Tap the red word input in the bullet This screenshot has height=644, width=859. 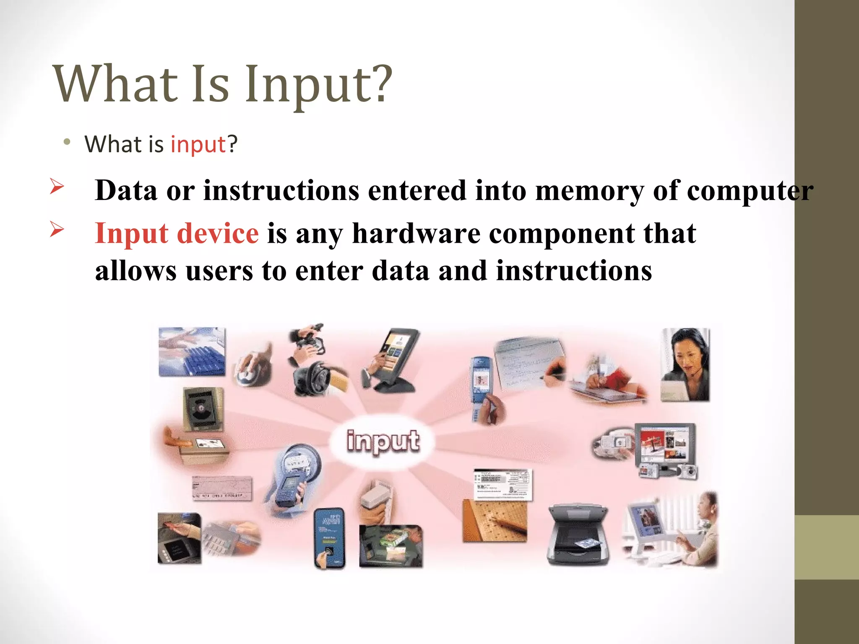198,145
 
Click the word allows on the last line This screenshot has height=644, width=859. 135,271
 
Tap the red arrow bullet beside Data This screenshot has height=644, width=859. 57,186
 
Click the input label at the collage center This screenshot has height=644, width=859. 383,441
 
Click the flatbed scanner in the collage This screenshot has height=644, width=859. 578,535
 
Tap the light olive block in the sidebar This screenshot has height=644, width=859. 826,547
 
